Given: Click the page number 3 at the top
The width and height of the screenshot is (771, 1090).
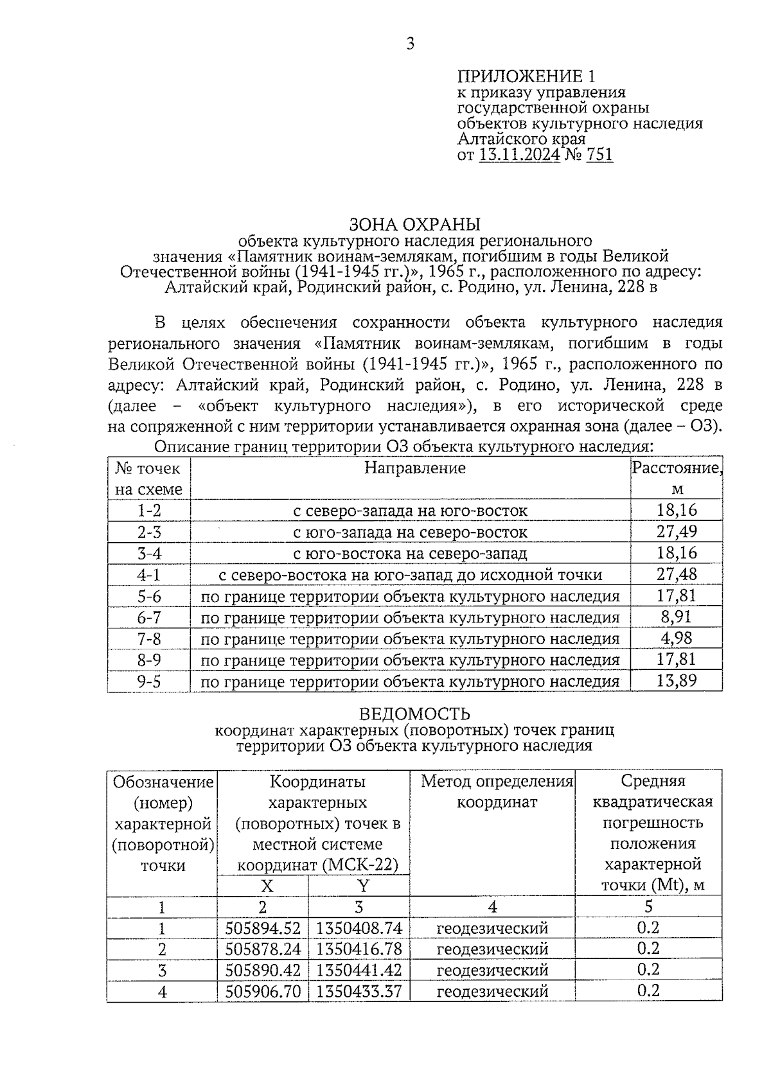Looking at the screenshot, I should [411, 44].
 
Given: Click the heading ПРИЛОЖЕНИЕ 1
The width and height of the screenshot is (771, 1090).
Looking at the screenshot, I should [526, 76].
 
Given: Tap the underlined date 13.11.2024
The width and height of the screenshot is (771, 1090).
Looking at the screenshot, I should [520, 155].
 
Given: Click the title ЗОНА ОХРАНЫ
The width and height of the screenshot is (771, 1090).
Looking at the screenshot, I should [414, 224].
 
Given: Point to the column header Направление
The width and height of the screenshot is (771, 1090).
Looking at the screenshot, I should [414, 468].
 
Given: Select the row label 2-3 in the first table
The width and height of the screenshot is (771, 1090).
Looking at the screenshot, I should [149, 532].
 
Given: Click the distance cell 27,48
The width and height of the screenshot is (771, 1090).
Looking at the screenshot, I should [677, 574].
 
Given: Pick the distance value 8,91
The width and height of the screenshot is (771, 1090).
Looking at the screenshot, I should [677, 617].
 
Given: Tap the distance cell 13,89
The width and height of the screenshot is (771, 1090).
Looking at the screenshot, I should [677, 680].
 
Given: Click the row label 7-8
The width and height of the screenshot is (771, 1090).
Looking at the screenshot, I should [149, 638].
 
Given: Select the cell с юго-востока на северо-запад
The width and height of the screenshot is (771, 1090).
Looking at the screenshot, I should [410, 553].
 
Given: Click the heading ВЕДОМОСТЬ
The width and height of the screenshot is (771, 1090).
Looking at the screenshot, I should [414, 714].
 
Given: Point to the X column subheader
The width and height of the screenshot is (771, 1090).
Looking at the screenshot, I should [267, 886].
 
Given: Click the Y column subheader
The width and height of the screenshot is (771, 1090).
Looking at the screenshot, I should [363, 886].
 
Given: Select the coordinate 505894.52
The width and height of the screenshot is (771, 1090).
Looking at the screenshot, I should [263, 928].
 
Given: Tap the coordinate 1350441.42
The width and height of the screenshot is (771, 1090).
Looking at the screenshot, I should [359, 970].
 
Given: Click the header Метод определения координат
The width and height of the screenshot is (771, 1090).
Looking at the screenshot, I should [497, 791].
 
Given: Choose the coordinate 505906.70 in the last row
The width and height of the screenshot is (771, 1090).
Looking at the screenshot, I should [263, 991].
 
